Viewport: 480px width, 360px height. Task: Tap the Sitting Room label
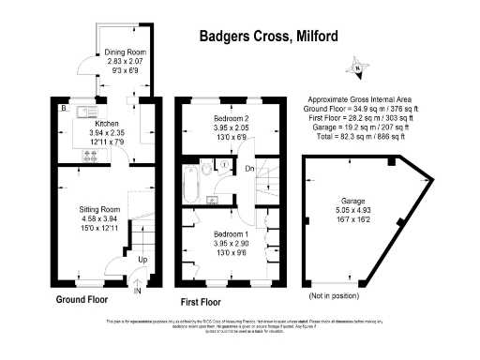pyautogui.click(x=99, y=208)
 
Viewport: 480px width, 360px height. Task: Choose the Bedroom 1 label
pyautogui.click(x=222, y=232)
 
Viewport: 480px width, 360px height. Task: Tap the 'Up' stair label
pyautogui.click(x=142, y=258)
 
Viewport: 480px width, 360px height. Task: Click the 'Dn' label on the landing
pyautogui.click(x=250, y=169)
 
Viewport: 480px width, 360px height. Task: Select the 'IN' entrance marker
pyautogui.click(x=136, y=291)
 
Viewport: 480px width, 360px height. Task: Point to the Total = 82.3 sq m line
pyautogui.click(x=362, y=137)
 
